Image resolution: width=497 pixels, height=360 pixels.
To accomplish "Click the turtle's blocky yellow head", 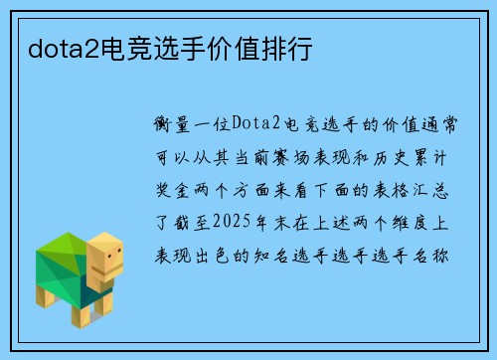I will (x=104, y=258).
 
